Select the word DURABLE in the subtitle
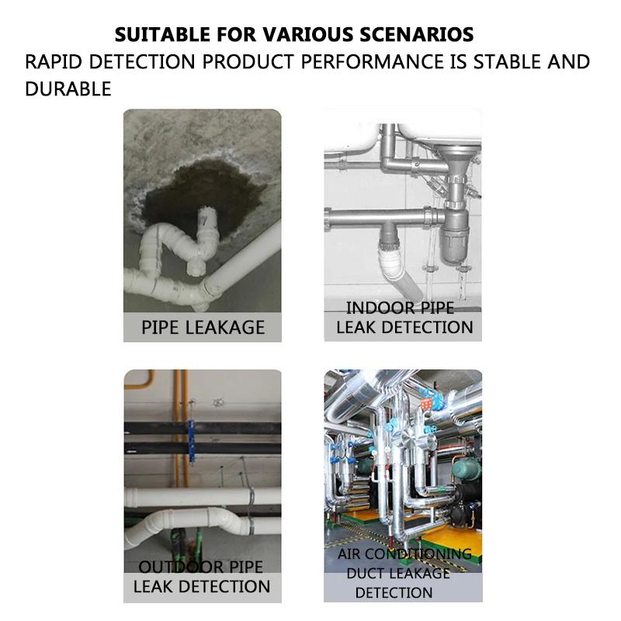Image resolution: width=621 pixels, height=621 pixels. click(x=68, y=88)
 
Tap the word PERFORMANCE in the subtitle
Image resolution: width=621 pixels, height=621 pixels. click(x=373, y=62)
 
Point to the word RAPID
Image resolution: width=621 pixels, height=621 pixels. click(x=54, y=62)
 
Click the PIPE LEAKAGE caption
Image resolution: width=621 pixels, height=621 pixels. click(x=203, y=328)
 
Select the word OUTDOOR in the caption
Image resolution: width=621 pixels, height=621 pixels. click(x=179, y=567)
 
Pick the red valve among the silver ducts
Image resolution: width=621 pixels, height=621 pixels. click(x=425, y=404)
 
